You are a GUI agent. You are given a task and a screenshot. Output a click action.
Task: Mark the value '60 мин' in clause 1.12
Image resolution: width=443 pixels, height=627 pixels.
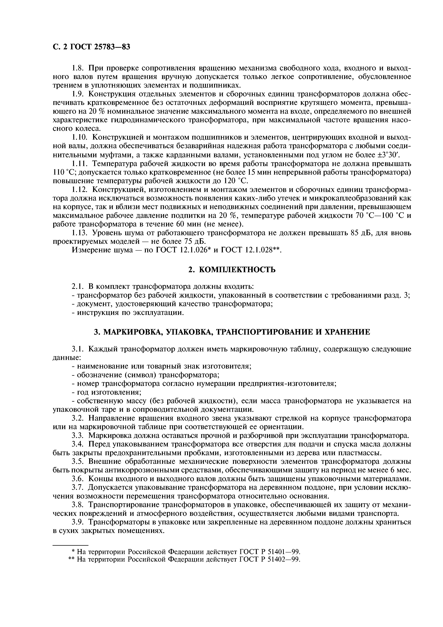tap(208, 224)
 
